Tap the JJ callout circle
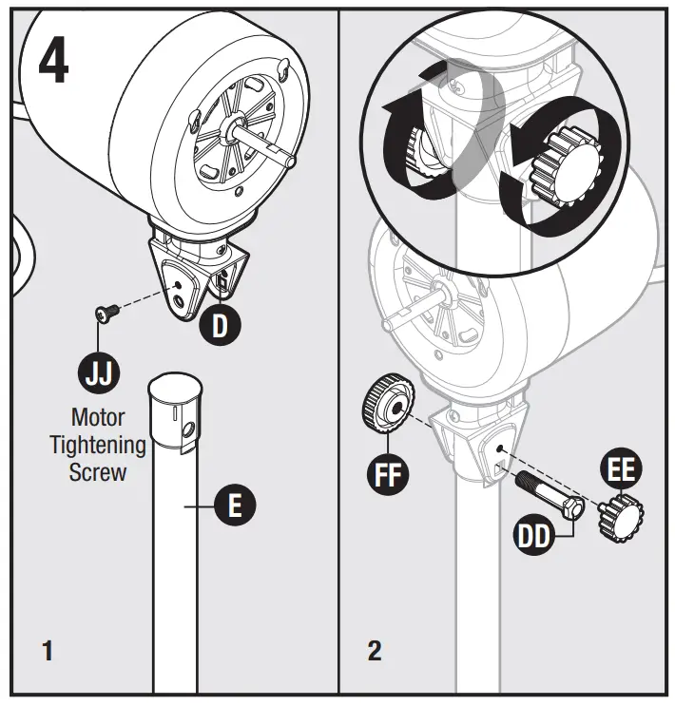click(x=99, y=371)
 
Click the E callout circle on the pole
click(x=235, y=505)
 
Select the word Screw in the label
click(x=99, y=472)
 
